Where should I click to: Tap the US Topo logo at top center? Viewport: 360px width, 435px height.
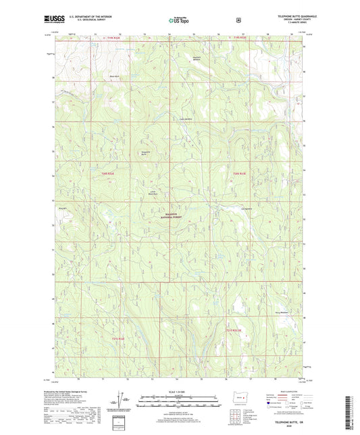178,21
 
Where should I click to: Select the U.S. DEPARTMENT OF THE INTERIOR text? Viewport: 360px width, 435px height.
91,18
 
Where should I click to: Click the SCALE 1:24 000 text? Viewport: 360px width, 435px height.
180,391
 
